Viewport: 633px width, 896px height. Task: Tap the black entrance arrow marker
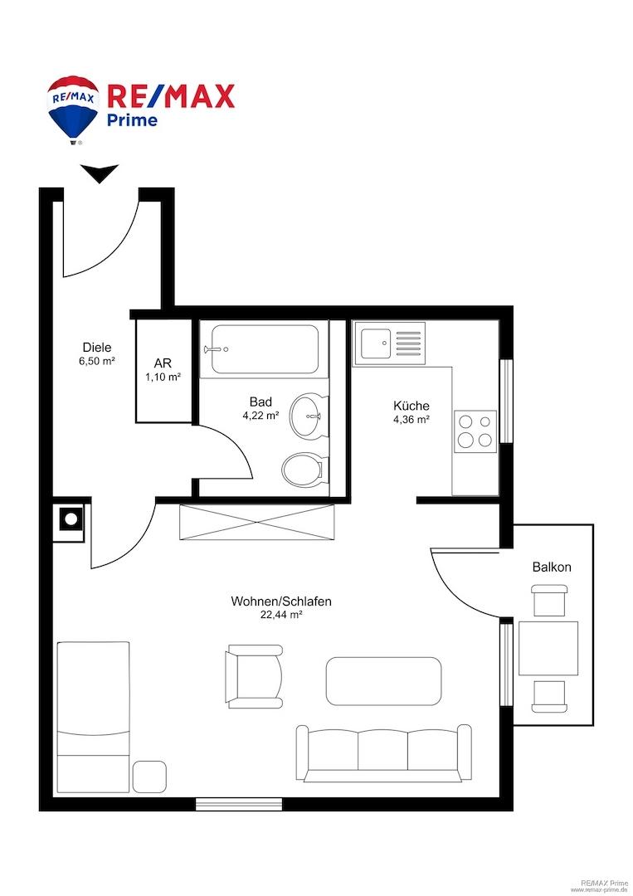pyautogui.click(x=100, y=174)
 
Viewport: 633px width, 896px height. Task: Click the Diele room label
pyautogui.click(x=97, y=348)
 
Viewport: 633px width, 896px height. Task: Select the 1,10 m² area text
pyautogui.click(x=163, y=377)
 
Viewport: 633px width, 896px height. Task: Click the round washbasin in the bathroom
pyautogui.click(x=308, y=416)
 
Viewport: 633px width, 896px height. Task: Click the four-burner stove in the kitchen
pyautogui.click(x=475, y=431)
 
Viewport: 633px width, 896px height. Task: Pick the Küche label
pyautogui.click(x=411, y=406)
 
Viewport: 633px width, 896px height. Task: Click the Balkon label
pyautogui.click(x=552, y=567)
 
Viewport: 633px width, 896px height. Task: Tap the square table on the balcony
pyautogui.click(x=548, y=648)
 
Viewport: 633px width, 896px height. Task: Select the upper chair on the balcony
pyautogui.click(x=551, y=599)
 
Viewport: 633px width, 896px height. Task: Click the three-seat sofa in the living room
pyautogui.click(x=383, y=752)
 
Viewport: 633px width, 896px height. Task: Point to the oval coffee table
pyautogui.click(x=383, y=679)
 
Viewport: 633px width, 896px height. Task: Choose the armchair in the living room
pyautogui.click(x=253, y=677)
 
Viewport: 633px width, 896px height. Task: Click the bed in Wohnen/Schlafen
pyautogui.click(x=93, y=715)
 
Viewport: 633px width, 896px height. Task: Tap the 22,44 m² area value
pyautogui.click(x=280, y=615)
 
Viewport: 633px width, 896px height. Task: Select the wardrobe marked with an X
pyautogui.click(x=257, y=522)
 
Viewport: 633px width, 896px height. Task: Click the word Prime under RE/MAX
pyautogui.click(x=133, y=119)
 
